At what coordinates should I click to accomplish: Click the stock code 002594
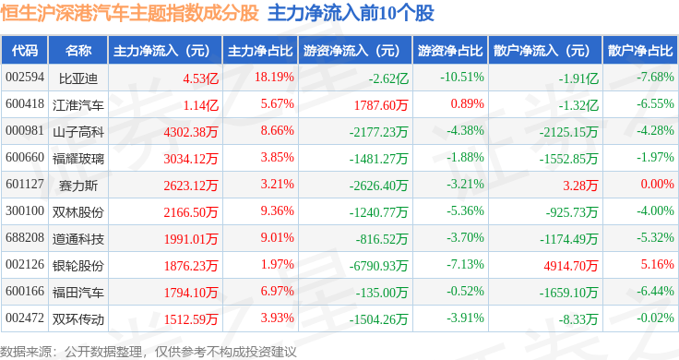pos(25,78)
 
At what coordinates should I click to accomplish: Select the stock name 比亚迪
pos(78,78)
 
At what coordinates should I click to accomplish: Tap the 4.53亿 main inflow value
pos(200,78)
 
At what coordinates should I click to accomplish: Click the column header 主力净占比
pos(260,51)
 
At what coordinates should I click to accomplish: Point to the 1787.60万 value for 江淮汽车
pos(381,105)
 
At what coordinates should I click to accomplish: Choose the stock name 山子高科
pos(78,132)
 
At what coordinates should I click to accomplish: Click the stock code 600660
pos(25,157)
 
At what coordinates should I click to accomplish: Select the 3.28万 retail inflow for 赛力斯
pos(580,186)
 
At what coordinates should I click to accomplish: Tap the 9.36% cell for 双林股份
pos(277,211)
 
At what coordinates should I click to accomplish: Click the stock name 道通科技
pos(78,239)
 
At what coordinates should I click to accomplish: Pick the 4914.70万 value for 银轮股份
pos(571,266)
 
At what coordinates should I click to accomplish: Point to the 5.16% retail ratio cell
pos(658,264)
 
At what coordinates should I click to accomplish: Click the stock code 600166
pos(25,291)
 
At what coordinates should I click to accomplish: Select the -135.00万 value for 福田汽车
pos(382,293)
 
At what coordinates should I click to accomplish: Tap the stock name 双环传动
pos(78,319)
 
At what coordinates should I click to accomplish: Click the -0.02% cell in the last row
pos(655,318)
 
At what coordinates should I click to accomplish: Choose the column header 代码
pos(25,51)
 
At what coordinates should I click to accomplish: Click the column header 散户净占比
pos(640,51)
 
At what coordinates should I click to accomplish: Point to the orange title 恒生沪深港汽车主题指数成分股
pos(129,13)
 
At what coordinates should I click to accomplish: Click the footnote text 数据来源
pos(26,352)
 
